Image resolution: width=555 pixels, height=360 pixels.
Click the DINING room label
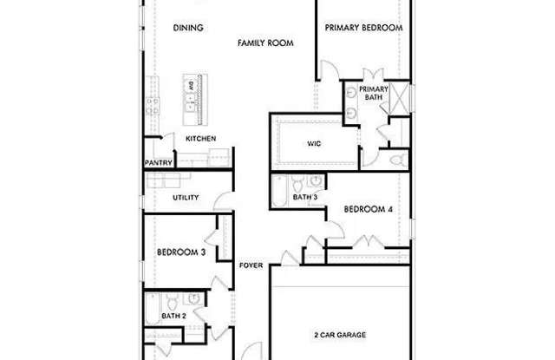click(188, 28)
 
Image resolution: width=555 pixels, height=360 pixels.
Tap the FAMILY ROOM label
click(265, 42)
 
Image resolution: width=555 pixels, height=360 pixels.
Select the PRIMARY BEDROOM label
click(363, 28)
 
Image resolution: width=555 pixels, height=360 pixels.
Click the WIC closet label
click(315, 145)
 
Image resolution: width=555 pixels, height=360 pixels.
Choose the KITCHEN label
click(200, 139)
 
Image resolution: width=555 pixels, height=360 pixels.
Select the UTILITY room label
click(185, 198)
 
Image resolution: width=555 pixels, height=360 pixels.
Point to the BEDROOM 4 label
click(368, 209)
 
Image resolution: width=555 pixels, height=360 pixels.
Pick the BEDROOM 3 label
click(180, 252)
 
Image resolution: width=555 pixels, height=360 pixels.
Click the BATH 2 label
click(173, 316)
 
